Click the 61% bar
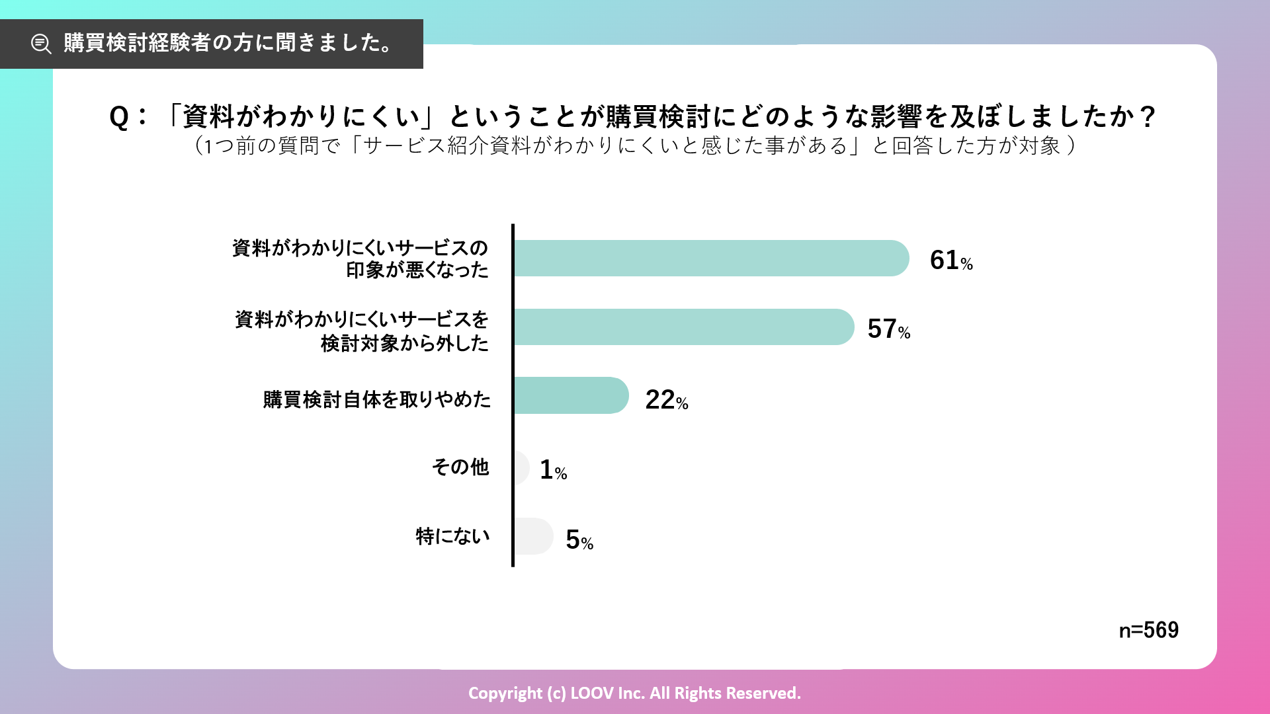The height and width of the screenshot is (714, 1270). [711, 258]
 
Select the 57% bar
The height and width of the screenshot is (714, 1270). [683, 327]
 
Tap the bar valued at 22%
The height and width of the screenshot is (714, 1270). [570, 395]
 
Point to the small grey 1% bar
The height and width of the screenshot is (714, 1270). [521, 467]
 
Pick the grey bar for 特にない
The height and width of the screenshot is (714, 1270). [533, 536]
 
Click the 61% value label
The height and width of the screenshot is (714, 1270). [951, 260]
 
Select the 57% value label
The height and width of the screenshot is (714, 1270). [888, 329]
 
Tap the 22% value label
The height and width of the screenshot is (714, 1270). [666, 400]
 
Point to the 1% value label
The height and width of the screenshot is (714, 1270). [553, 470]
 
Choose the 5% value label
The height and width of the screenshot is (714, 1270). [579, 540]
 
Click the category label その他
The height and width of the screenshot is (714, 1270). [460, 467]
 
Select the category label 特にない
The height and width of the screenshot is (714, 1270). [453, 536]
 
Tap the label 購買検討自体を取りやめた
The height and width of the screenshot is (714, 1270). [377, 399]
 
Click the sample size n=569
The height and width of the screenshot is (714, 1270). [1148, 630]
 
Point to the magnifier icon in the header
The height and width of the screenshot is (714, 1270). [41, 44]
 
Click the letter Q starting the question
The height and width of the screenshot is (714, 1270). [119, 117]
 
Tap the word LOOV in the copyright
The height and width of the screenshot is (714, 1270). [587, 693]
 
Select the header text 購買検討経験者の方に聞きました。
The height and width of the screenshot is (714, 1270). [229, 43]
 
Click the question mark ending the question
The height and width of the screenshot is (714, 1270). [1148, 117]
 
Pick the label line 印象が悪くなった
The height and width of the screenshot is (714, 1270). [417, 270]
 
